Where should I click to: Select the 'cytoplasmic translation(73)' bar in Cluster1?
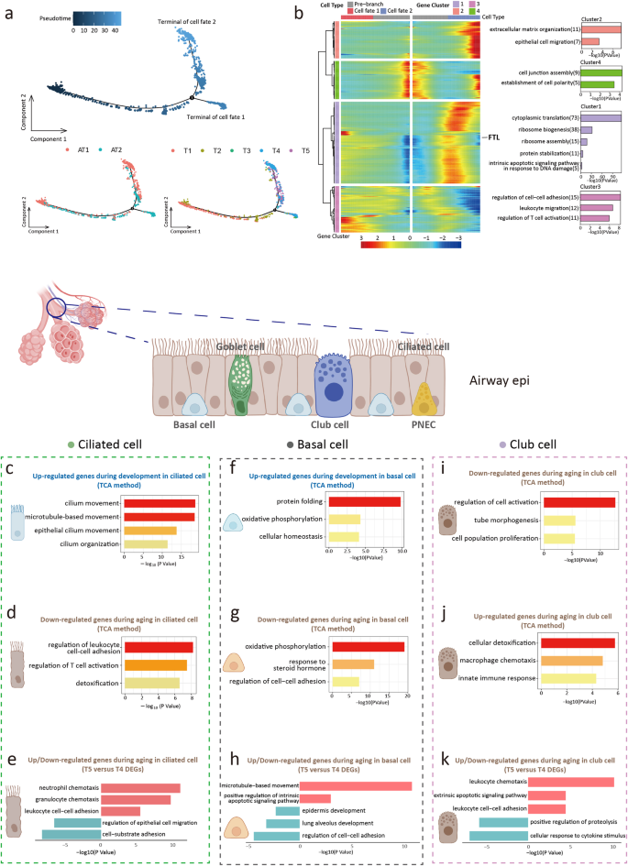click(x=600, y=118)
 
